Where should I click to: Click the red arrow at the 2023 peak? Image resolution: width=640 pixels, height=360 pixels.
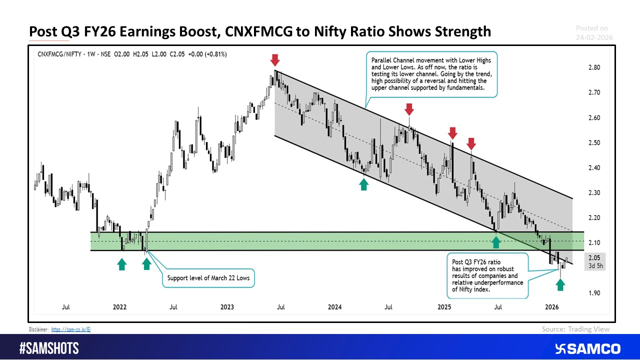[x=274, y=60]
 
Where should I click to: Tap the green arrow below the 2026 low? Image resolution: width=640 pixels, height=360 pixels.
[x=560, y=284]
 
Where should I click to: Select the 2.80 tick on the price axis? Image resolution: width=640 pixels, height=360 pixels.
[x=594, y=67]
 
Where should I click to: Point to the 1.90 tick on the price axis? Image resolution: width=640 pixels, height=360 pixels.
[x=594, y=293]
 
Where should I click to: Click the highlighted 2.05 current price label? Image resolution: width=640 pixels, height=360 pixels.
[x=594, y=257]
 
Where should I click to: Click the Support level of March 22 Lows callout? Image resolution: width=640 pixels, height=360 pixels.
[x=208, y=277]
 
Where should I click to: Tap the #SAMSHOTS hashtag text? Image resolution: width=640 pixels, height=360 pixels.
[x=49, y=348]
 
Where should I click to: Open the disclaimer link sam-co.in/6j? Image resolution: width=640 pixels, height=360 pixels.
[x=70, y=329]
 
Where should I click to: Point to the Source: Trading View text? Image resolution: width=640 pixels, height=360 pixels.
[x=575, y=329]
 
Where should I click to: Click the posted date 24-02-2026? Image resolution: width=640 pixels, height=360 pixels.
[x=593, y=37]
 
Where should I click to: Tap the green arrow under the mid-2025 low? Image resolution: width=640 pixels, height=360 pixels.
[x=495, y=242]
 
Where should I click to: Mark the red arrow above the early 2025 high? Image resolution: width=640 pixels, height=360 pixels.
[x=452, y=132]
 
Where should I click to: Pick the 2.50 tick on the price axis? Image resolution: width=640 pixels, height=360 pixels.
[x=594, y=142]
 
